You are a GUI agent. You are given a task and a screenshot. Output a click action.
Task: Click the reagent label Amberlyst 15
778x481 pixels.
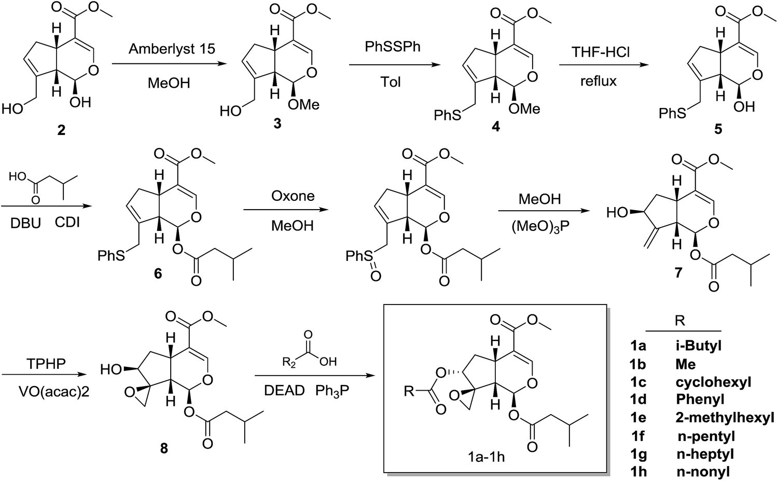tap(172, 49)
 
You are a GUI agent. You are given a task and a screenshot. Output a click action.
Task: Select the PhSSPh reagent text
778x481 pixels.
tap(393, 46)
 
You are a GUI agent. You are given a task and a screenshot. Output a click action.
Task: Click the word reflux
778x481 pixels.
tap(599, 80)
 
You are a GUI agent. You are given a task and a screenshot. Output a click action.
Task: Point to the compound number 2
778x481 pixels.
tap(61, 130)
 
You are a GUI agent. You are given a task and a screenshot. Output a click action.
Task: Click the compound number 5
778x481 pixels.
tap(718, 129)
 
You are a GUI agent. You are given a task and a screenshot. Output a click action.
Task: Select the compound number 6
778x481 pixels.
tap(158, 273)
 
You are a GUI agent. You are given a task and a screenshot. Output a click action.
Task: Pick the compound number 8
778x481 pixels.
tap(163, 448)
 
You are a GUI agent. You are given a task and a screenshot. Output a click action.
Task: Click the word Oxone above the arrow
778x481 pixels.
tap(293, 196)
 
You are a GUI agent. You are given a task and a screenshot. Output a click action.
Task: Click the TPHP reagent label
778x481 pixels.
tap(46, 364)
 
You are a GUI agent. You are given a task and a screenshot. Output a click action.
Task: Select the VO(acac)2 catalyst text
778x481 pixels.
tap(54, 392)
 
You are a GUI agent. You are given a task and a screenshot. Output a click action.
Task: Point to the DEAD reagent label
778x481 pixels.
tap(284, 391)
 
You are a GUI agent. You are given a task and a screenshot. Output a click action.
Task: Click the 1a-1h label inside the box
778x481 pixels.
tap(486, 457)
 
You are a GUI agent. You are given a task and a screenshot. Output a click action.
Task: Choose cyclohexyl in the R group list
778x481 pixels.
tap(713, 382)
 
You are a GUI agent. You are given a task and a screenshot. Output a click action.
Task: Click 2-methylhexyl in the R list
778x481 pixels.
tap(725, 417)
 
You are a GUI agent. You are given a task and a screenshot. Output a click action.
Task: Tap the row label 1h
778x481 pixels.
tap(637, 472)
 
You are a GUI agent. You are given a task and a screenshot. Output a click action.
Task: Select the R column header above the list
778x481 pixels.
tap(679, 321)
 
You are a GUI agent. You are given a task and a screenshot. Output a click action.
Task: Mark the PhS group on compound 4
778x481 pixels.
tap(448, 115)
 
